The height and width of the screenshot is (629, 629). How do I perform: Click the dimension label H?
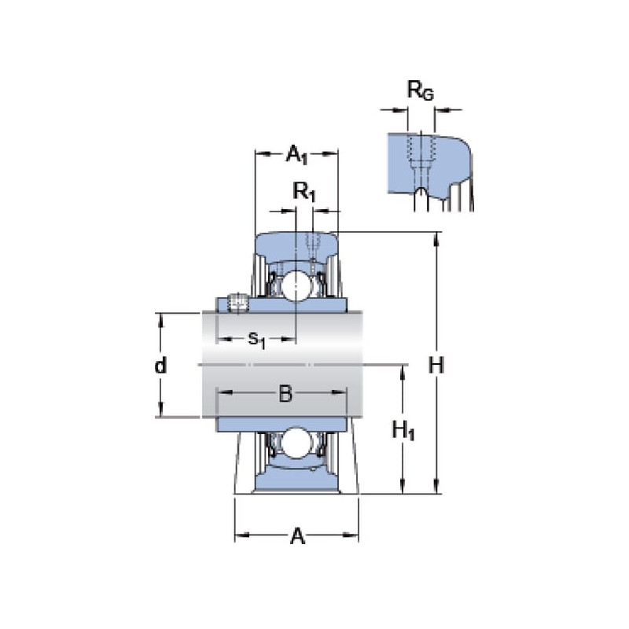coord(436,366)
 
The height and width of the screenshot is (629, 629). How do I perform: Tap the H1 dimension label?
coord(403,431)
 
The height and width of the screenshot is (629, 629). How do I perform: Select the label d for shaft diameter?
coord(160,365)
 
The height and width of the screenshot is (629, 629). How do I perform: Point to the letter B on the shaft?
coord(285,394)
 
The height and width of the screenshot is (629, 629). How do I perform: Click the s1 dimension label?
coord(257,340)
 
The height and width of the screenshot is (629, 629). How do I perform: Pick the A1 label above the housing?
coord(296,155)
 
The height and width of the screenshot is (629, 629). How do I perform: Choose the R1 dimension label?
coord(304,192)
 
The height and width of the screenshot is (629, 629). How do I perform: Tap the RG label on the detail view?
coord(421,90)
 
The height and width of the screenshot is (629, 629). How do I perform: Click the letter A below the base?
coord(297,536)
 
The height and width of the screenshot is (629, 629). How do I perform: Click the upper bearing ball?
coord(296,285)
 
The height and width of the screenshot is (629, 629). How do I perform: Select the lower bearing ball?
coord(296,443)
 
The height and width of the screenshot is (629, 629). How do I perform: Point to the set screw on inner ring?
coord(238,303)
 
